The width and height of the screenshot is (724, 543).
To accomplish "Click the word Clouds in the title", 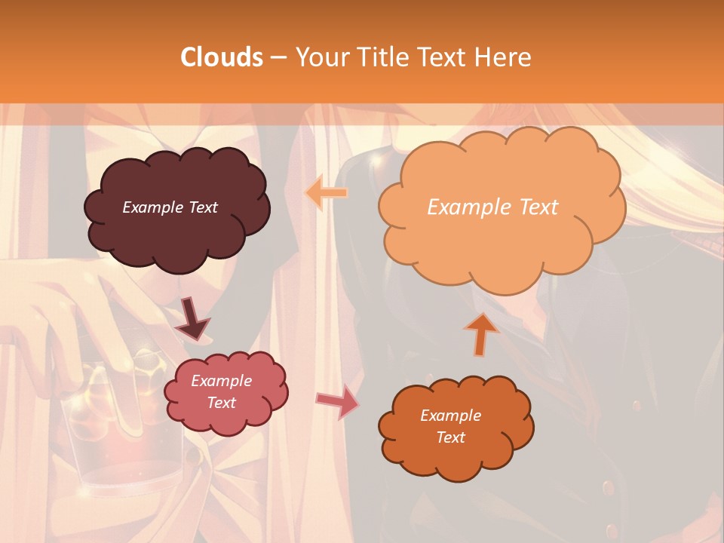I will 222,57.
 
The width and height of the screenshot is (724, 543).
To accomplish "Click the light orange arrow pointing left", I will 327,192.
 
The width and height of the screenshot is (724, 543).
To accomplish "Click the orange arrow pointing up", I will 481,334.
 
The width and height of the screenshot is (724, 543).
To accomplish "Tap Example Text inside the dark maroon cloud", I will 170,207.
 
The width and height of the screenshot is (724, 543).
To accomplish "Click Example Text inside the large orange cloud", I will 492,207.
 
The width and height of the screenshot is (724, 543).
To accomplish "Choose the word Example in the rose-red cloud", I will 221,381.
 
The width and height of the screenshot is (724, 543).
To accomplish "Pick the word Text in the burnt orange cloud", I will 450,437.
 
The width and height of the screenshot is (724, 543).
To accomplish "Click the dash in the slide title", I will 277,57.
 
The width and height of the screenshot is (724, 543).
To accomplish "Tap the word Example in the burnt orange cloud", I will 450,416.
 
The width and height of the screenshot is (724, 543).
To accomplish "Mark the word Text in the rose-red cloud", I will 221,403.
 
